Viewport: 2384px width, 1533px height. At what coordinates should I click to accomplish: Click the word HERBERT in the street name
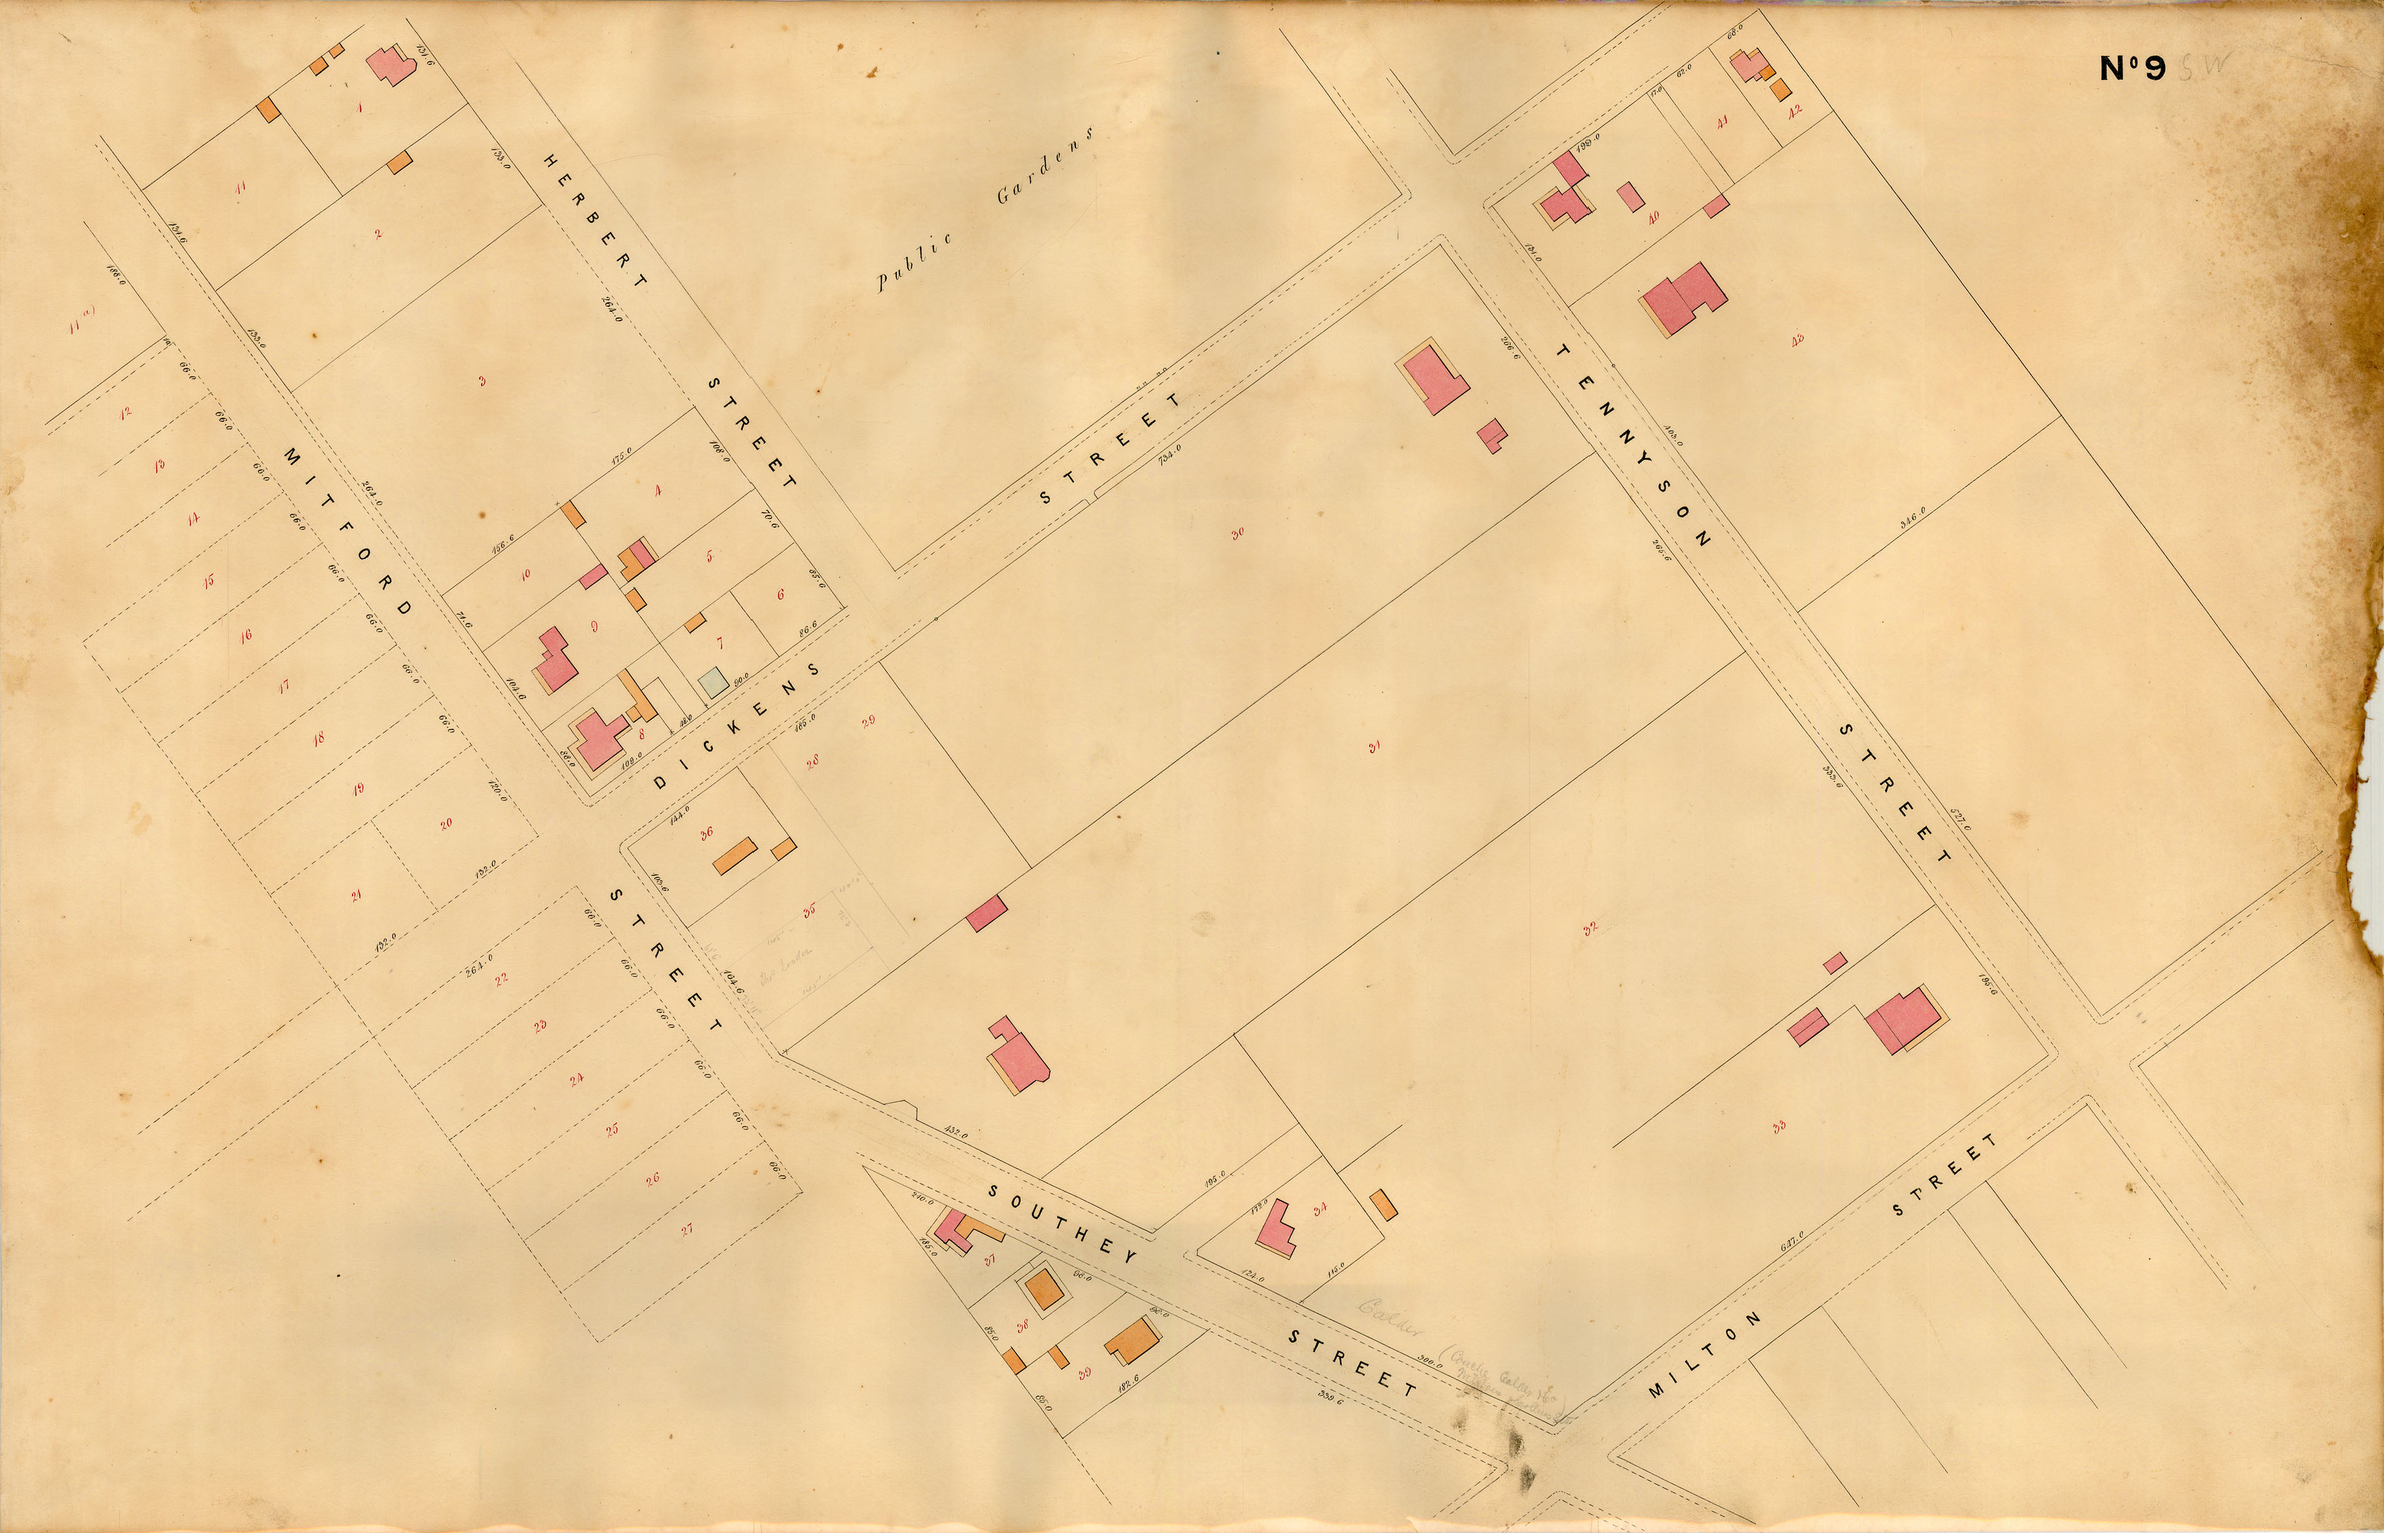point(593,220)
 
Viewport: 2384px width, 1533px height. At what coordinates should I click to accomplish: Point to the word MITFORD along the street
point(348,531)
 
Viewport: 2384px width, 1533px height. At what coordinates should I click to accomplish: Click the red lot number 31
point(1374,748)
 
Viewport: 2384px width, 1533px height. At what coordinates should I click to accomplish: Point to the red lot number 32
point(1590,929)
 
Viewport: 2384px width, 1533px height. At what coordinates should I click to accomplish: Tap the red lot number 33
point(1779,1127)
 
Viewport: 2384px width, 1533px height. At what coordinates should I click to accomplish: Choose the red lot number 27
point(687,1228)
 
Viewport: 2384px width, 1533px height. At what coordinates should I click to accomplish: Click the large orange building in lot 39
point(1133,1342)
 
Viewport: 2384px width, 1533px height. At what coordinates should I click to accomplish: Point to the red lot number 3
point(482,380)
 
